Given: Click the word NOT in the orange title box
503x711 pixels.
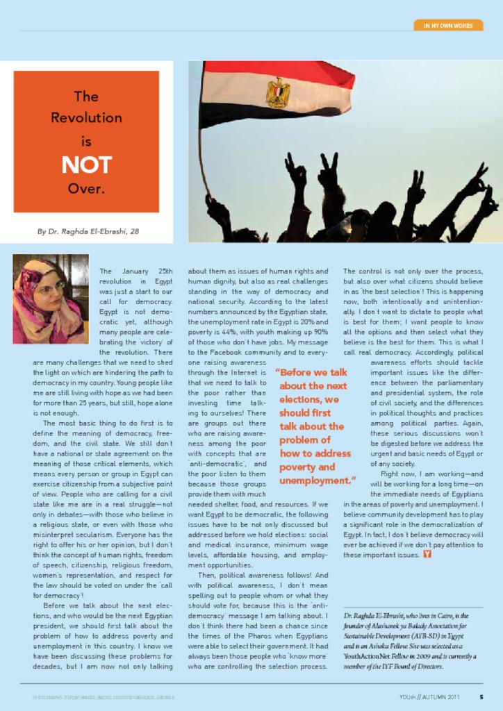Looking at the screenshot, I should click(x=86, y=165).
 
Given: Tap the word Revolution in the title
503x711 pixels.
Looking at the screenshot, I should click(x=86, y=118).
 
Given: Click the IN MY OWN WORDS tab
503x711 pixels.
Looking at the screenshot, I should click(x=448, y=26).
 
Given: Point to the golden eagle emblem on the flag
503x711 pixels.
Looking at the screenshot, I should click(x=278, y=92).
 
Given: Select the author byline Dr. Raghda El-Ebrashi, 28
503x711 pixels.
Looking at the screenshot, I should click(x=88, y=231).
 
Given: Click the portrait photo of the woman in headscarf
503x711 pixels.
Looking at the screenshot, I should click(x=50, y=299).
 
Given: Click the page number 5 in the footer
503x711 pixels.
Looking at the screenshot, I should click(x=481, y=696).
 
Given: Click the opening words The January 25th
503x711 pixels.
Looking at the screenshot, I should click(x=136, y=270).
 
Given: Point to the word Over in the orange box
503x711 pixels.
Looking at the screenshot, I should click(x=86, y=188).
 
